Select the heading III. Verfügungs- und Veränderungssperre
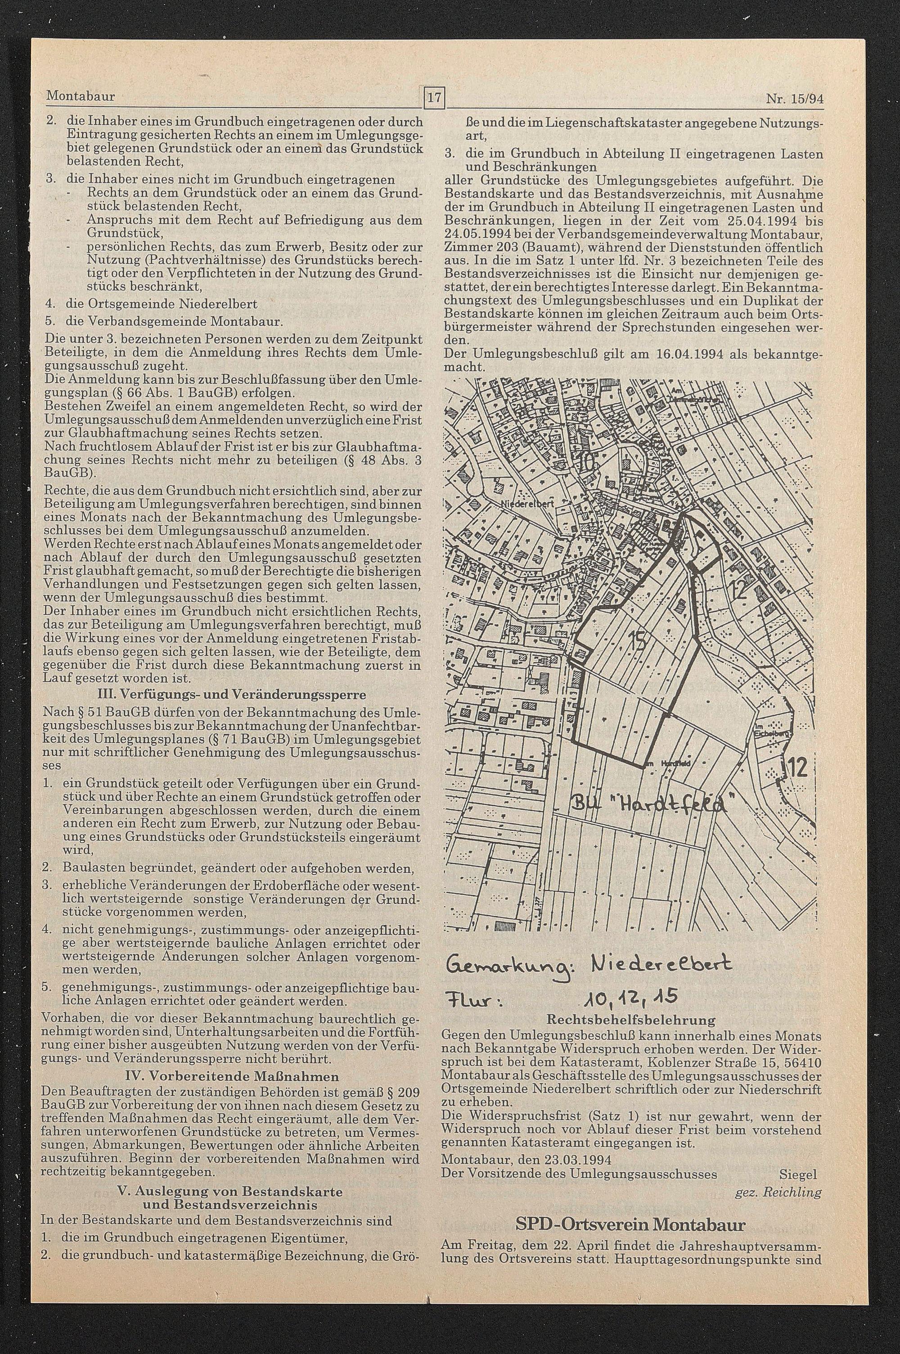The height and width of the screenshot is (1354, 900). point(233,695)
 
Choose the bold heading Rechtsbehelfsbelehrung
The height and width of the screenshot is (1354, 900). point(631,1020)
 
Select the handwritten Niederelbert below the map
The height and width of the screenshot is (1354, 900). point(660,962)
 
